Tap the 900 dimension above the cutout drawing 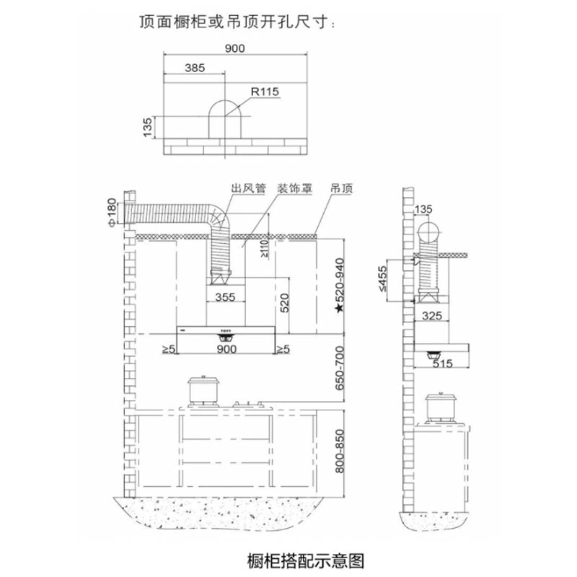235,48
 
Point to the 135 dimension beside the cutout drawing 147,127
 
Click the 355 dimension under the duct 226,296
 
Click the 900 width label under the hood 226,350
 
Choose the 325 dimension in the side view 431,316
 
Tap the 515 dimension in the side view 443,364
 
